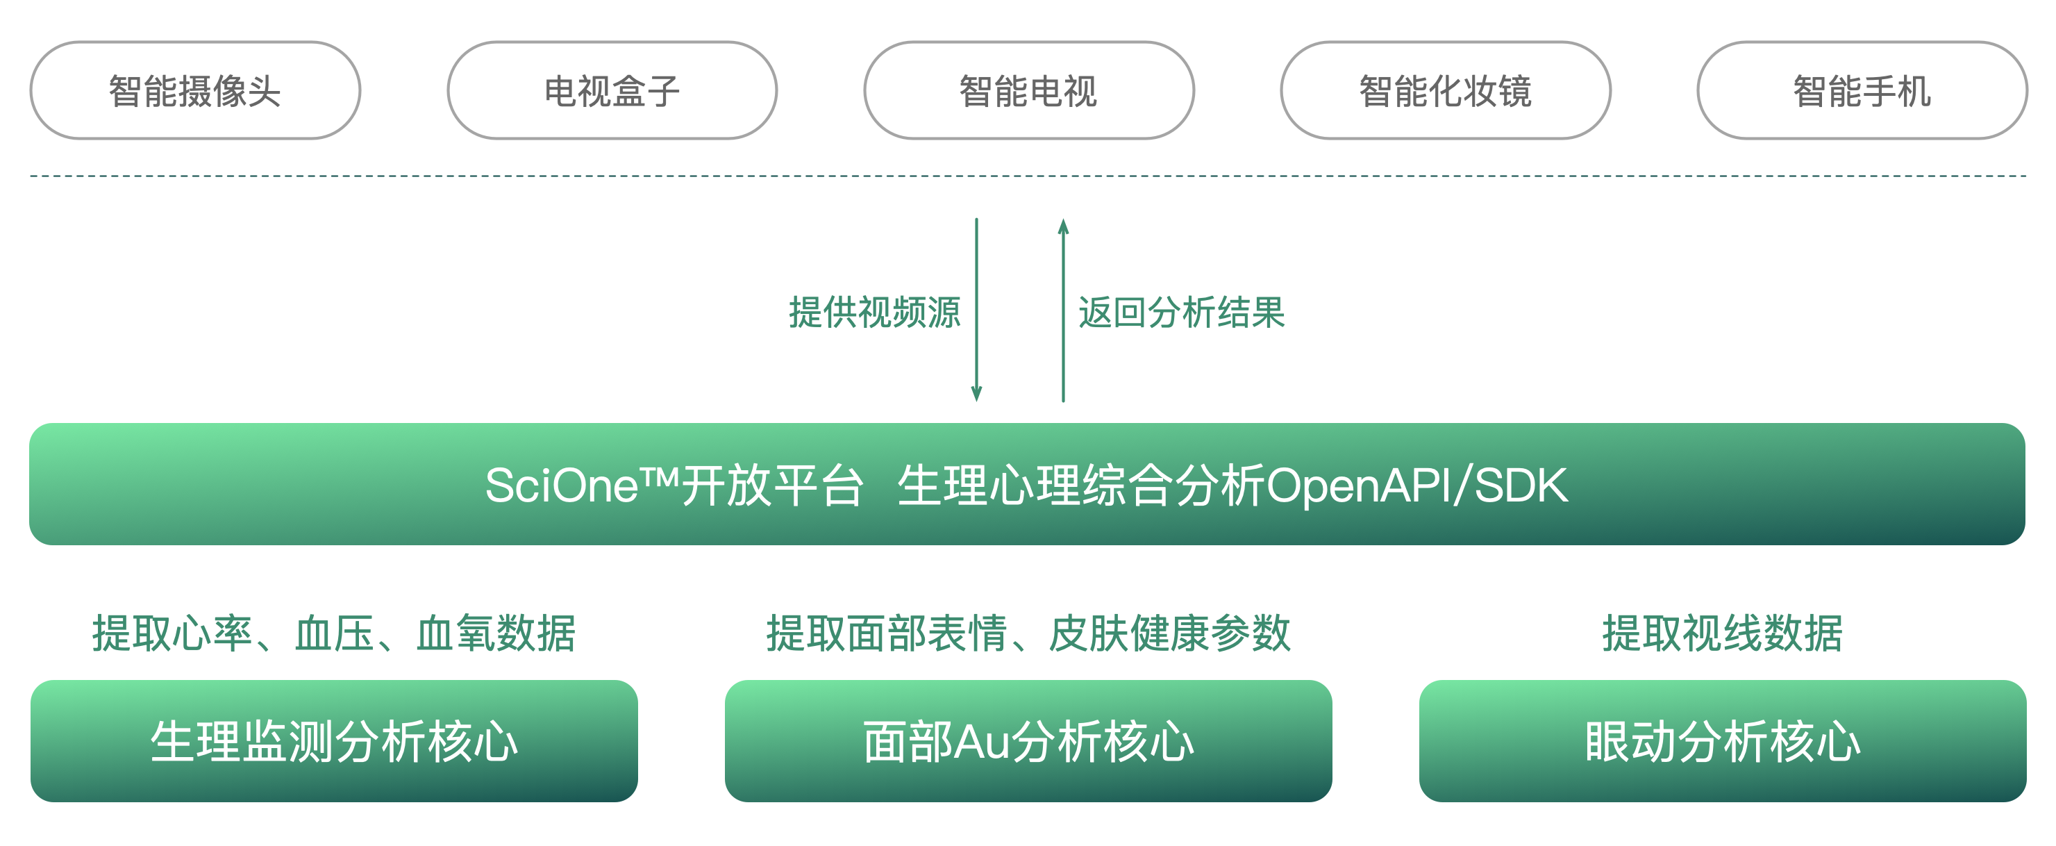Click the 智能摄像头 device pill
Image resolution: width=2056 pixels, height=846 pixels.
196,91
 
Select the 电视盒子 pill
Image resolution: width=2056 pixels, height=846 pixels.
612,91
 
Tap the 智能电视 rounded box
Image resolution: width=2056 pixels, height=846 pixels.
1029,91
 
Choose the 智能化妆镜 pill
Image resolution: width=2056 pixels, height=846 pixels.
1446,91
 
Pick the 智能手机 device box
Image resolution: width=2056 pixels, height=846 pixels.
1862,91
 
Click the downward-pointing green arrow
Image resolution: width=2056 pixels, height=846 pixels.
976,311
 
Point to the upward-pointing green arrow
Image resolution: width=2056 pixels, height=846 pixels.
1063,311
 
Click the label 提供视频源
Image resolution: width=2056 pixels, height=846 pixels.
875,312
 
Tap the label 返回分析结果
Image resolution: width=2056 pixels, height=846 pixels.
1182,312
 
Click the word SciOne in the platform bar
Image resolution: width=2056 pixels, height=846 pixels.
562,486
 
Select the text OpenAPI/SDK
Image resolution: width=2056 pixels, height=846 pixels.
1417,486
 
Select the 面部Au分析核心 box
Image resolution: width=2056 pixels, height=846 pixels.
1028,740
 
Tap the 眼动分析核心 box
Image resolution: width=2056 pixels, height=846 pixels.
1723,740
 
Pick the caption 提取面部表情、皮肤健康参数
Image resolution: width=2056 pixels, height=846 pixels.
1028,633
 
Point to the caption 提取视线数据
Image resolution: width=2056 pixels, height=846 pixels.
1723,633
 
